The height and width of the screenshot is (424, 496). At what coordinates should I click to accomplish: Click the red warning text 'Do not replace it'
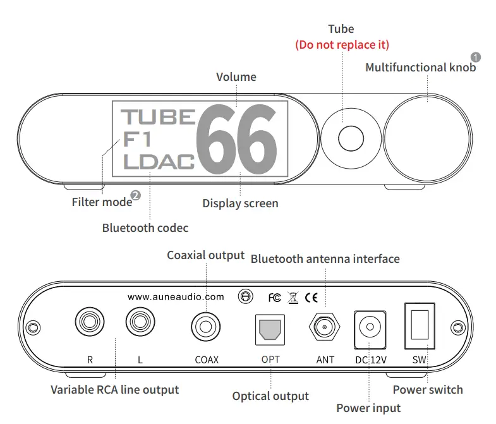tap(342, 44)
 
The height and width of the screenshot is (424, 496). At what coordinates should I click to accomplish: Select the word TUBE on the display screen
tap(157, 117)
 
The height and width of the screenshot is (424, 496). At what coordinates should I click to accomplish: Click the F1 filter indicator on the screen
tap(137, 140)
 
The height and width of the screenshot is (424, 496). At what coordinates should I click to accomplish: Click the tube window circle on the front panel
tap(349, 137)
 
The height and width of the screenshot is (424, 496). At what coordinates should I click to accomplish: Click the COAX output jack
tap(206, 327)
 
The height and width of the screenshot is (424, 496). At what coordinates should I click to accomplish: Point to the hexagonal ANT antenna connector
tap(325, 328)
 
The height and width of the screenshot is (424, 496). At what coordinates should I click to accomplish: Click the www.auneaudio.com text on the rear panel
tap(176, 296)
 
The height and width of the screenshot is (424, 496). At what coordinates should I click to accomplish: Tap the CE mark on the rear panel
tap(312, 296)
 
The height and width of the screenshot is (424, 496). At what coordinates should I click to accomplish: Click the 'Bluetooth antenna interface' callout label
tap(325, 258)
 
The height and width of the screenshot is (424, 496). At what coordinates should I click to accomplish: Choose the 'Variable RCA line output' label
tap(115, 390)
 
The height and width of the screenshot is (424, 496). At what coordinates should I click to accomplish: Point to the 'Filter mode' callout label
tap(102, 202)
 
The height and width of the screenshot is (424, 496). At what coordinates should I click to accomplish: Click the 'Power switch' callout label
tap(428, 389)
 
